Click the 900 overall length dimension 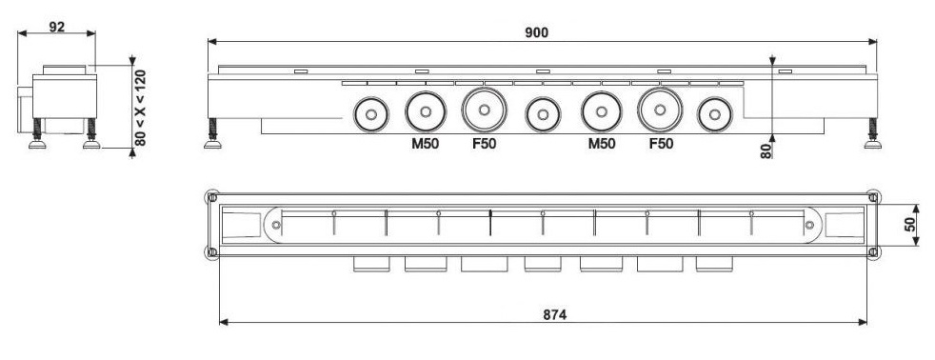(537, 32)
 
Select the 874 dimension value (554, 314)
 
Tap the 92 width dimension (57, 27)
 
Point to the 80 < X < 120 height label (140, 108)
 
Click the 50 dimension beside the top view (910, 225)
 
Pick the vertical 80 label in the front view (766, 150)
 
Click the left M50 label (426, 144)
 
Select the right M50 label (602, 144)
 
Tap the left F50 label (485, 144)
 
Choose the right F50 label (661, 144)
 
